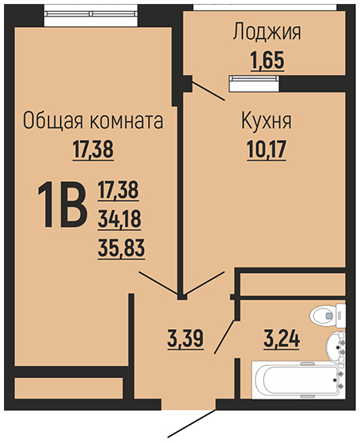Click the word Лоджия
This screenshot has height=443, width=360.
coord(267,32)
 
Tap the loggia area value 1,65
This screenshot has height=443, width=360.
coord(267,60)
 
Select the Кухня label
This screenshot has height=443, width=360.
coord(266,122)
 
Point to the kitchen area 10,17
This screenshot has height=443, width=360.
coord(267,150)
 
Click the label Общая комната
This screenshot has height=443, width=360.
coord(93,121)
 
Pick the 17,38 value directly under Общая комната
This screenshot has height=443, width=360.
coord(93,150)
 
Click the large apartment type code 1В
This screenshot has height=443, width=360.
coord(62,205)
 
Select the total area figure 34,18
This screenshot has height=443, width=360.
coord(119,219)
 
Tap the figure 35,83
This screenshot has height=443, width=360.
coord(121,248)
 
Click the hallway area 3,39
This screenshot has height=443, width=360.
coord(185,339)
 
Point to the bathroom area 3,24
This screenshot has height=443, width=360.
coord(282,339)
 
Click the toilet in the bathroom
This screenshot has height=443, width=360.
coord(328,316)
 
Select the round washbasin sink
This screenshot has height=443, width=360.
coord(335,347)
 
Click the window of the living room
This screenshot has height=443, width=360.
coord(91,16)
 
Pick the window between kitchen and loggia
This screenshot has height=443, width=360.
coord(254,84)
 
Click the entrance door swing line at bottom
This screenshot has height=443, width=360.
coord(191,422)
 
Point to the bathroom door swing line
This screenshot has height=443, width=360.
coord(225,337)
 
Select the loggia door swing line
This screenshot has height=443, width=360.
coord(209,91)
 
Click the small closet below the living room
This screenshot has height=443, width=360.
coord(69,388)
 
